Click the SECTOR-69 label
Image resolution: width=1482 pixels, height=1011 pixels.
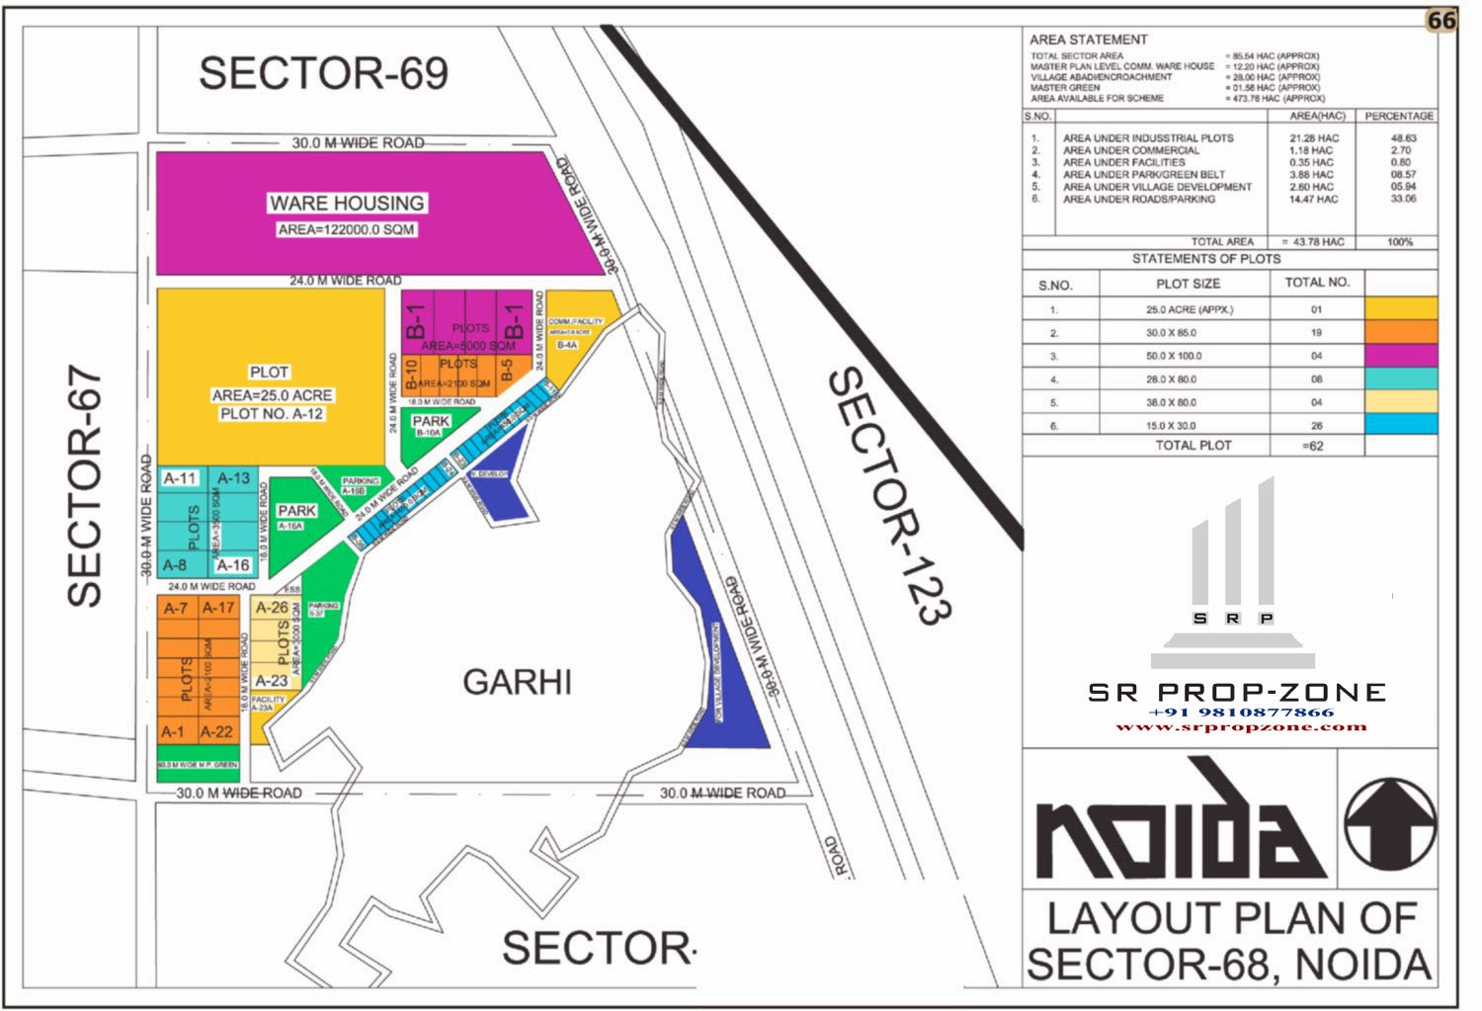(323, 73)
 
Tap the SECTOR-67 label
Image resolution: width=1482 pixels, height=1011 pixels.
(85, 486)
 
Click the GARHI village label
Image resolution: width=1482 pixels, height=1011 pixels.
(517, 682)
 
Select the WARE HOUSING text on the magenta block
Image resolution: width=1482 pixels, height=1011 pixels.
(347, 203)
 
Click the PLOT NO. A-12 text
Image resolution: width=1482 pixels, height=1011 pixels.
(272, 414)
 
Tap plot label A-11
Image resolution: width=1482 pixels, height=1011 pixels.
(180, 478)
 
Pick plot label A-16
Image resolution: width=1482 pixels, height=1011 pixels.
(233, 565)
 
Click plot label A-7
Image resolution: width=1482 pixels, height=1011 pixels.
(176, 608)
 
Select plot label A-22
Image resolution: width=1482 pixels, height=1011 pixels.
(216, 732)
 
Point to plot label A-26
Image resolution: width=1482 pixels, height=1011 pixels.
(272, 608)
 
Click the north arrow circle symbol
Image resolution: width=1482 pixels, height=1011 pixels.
(1390, 823)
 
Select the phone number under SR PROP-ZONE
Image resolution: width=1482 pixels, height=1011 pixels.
(1241, 712)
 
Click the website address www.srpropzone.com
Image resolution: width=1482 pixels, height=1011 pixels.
(1241, 726)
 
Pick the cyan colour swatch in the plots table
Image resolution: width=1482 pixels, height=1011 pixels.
(1400, 425)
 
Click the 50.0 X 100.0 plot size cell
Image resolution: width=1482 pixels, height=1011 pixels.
(1187, 356)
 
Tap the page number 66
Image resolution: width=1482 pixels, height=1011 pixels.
(1441, 20)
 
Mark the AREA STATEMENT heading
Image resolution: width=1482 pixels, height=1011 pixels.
(1088, 40)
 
